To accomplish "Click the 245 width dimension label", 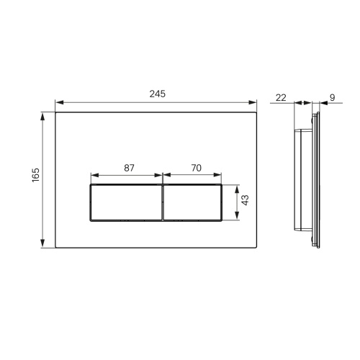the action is coord(158,94).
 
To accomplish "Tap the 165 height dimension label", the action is coord(36,175).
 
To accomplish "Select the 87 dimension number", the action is coord(129,168).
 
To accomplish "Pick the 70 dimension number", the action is coord(197,168).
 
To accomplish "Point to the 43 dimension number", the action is coord(245,200).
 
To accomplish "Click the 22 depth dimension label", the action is coord(281,98).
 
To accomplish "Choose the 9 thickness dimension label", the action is coord(332,98).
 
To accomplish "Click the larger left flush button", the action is coord(127,202).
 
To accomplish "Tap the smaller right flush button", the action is coord(192,202).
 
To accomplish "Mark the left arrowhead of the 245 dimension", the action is coord(59,102).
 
